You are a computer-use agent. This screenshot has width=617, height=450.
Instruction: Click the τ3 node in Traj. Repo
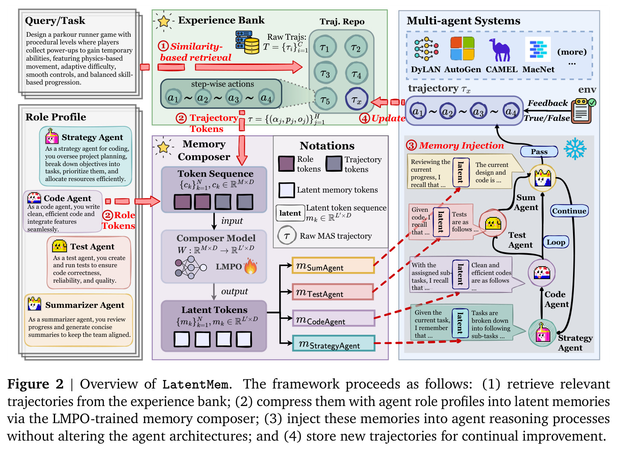325,73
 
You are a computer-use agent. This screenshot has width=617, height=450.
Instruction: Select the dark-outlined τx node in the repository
357,99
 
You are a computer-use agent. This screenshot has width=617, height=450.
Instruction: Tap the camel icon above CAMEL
500,50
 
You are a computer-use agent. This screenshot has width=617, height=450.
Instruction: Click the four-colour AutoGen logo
462,49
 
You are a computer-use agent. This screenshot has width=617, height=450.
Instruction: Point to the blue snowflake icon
575,149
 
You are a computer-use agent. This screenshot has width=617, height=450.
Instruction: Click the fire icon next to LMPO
250,266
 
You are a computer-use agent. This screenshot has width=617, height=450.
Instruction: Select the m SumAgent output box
333,266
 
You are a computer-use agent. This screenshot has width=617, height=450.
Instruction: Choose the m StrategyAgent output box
333,343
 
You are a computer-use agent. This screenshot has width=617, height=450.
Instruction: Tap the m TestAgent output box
333,292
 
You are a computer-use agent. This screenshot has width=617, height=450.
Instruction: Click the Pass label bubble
539,152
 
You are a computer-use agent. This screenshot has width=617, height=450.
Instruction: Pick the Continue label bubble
569,211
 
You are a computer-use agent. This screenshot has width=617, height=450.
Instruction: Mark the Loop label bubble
556,242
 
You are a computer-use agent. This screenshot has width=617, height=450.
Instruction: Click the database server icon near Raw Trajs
247,42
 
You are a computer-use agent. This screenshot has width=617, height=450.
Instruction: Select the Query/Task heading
55,20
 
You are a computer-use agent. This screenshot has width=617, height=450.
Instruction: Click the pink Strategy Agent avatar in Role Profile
52,136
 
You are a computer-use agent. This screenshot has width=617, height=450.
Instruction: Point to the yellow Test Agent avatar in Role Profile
59,246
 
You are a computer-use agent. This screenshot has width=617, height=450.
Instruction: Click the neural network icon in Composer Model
190,267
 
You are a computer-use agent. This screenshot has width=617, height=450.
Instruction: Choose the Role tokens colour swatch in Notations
286,164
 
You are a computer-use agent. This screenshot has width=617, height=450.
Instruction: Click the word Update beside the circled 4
389,118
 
